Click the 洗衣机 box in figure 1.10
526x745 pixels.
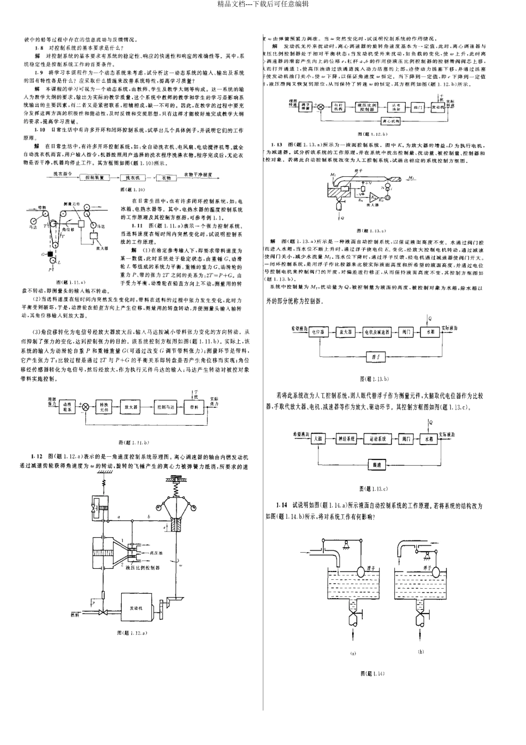tap(132, 177)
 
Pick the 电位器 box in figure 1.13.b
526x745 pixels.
tap(316, 331)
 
